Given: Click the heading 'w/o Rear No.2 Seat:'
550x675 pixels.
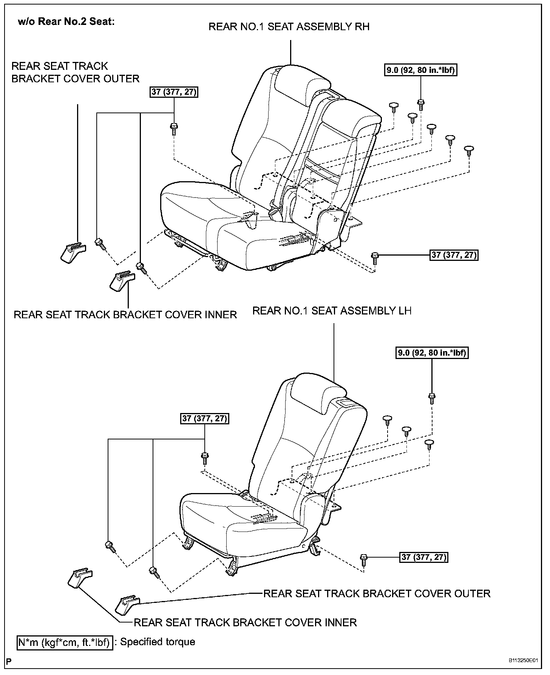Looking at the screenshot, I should point(66,22).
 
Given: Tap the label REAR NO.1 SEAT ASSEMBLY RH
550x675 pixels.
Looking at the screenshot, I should point(289,26).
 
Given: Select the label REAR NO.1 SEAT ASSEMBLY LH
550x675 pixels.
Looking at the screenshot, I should point(332,311).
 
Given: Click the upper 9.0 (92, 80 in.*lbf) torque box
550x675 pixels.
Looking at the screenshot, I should point(421,70).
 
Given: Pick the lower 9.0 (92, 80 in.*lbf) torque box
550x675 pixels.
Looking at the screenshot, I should point(432,353).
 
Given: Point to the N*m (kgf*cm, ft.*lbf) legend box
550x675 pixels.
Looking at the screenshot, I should point(65,642).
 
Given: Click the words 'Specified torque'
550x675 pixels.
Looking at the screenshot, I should point(158,642).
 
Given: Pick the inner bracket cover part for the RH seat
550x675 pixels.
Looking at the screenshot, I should point(123,281).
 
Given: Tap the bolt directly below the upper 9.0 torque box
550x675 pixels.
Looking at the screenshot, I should point(420,103).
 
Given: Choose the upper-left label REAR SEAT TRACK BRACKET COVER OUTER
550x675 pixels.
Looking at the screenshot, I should point(75,72).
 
